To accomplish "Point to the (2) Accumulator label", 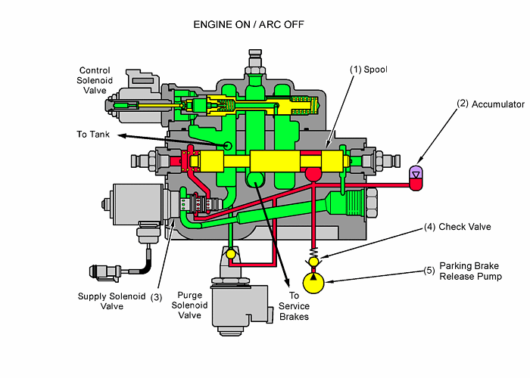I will [488, 104].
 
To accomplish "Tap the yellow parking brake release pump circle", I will [313, 282].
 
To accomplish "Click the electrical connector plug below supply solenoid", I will [104, 269].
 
